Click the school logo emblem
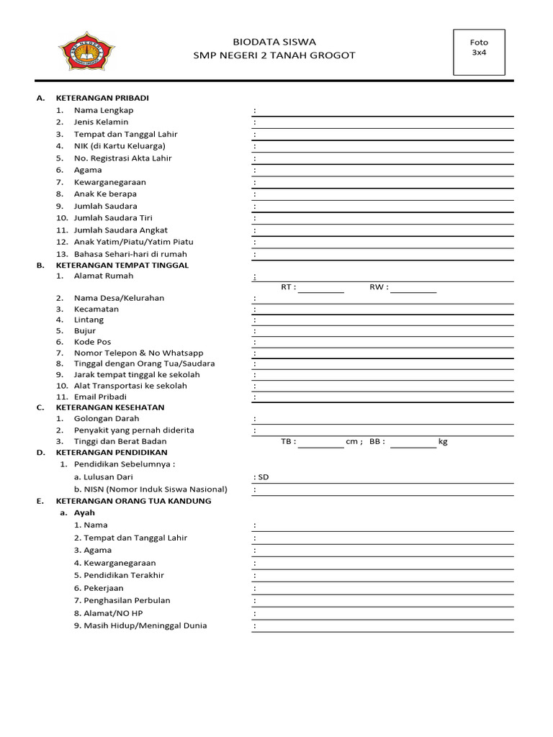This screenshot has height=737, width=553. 86,51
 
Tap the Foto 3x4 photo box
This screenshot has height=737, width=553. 479,52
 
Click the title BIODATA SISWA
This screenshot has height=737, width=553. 274,42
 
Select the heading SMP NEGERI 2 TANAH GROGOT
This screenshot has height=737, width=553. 274,55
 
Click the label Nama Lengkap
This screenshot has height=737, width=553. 104,110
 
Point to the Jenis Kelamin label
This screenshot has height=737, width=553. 101,122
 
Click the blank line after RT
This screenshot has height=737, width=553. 321,288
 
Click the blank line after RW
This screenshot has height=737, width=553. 413,288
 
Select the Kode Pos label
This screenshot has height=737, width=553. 93,342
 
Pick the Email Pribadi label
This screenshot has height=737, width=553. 100,397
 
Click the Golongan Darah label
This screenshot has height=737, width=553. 107,418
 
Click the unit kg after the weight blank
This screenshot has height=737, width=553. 443,441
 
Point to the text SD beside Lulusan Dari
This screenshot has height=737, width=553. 264,476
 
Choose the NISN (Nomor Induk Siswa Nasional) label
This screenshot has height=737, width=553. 150,489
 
